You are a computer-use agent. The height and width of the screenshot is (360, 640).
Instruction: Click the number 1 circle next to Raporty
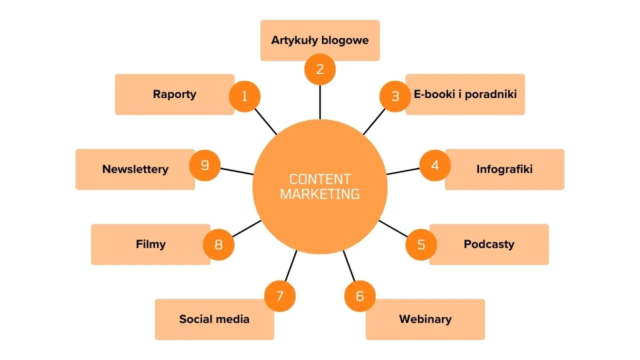click(244, 96)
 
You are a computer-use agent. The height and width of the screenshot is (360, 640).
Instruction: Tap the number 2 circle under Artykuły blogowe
click(320, 69)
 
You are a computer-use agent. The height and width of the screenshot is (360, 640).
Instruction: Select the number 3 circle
click(395, 96)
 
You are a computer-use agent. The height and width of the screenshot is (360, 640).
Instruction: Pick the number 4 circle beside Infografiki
click(435, 165)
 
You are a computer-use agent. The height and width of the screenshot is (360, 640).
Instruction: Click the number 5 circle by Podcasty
click(421, 244)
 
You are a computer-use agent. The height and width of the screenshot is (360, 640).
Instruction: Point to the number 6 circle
click(360, 296)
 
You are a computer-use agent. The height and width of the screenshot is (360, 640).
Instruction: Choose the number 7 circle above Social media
click(280, 296)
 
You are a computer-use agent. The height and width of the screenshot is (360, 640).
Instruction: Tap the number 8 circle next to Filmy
click(218, 244)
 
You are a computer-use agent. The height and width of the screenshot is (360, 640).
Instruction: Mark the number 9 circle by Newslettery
click(205, 165)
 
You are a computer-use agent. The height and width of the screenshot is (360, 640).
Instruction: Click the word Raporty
click(174, 94)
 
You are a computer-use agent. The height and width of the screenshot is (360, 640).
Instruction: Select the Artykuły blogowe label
click(320, 40)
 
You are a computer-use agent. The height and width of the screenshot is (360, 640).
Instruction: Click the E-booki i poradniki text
click(465, 94)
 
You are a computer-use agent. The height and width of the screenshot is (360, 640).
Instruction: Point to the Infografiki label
click(504, 169)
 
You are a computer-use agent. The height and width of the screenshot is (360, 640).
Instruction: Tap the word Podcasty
click(489, 244)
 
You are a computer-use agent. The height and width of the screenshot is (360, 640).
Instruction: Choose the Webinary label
click(425, 319)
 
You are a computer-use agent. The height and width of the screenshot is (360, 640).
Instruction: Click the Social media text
click(214, 319)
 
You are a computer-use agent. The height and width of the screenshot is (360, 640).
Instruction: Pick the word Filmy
click(150, 244)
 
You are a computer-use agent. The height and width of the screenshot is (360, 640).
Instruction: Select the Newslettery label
click(135, 169)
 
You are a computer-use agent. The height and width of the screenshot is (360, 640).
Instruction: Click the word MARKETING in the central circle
click(320, 194)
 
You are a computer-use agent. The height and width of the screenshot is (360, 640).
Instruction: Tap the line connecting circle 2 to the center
click(320, 102)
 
